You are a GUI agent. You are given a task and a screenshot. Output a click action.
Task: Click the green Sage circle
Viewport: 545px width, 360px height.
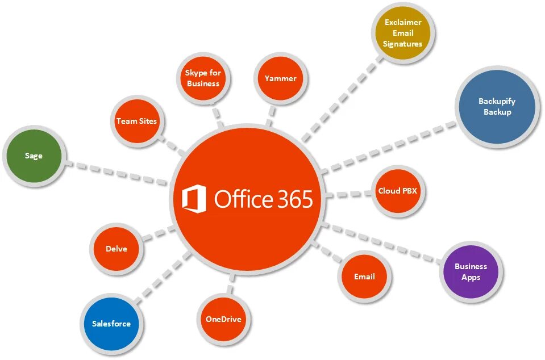[34, 156]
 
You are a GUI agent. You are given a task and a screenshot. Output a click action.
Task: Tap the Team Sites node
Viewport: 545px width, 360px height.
[136, 121]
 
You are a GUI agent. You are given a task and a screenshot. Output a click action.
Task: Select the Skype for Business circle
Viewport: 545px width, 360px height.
[203, 78]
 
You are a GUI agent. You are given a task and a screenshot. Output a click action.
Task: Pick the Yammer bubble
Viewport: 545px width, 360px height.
[280, 78]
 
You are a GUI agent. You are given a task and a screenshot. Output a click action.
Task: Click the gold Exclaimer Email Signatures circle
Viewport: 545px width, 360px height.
[403, 33]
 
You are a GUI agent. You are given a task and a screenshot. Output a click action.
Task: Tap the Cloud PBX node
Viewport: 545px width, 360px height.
[398, 191]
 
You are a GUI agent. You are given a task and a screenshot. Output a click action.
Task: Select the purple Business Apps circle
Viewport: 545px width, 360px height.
[471, 272]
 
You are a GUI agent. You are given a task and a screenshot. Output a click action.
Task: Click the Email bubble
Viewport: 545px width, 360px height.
[364, 277]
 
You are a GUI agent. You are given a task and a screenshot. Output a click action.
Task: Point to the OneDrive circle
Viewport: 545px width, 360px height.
[223, 319]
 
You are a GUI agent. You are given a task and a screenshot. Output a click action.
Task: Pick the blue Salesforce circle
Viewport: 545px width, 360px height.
[111, 324]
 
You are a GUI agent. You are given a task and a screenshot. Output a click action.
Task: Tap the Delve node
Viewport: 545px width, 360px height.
[117, 249]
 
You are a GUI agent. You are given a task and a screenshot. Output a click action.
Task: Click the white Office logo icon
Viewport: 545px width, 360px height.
[194, 199]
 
